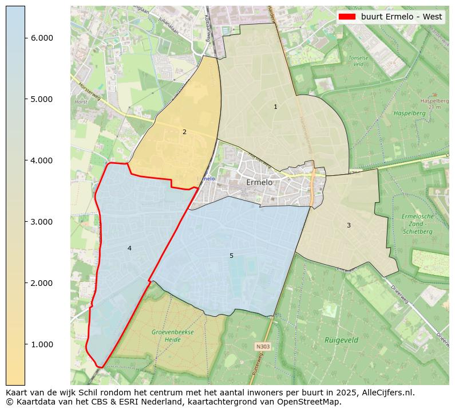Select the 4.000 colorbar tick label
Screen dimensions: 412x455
click(42, 160)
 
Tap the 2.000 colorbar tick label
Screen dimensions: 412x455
click(42, 283)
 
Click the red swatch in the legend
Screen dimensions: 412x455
click(347, 17)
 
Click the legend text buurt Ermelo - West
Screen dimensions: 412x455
click(401, 17)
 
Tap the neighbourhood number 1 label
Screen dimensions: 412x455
click(275, 107)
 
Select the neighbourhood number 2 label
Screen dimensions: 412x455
click(184, 132)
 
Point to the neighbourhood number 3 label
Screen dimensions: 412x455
click(349, 226)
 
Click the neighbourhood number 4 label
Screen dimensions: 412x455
click(129, 248)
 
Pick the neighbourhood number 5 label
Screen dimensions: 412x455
click(231, 256)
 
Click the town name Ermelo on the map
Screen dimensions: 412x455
click(259, 182)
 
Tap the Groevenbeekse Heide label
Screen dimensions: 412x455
click(173, 336)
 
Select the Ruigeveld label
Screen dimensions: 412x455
click(341, 340)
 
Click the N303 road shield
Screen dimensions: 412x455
click(263, 347)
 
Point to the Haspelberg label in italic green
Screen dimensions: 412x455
click(410, 113)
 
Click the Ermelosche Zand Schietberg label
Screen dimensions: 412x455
click(418, 224)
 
